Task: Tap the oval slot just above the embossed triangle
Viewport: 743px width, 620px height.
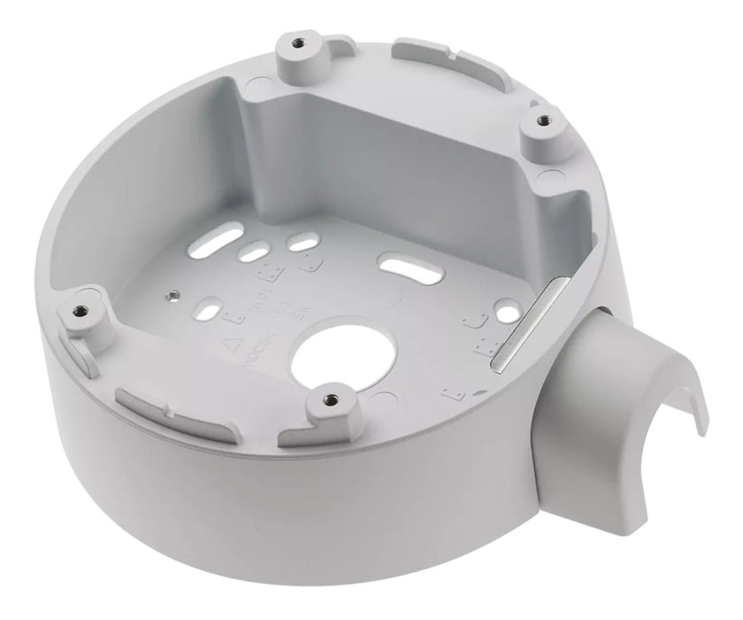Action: (205, 313)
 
